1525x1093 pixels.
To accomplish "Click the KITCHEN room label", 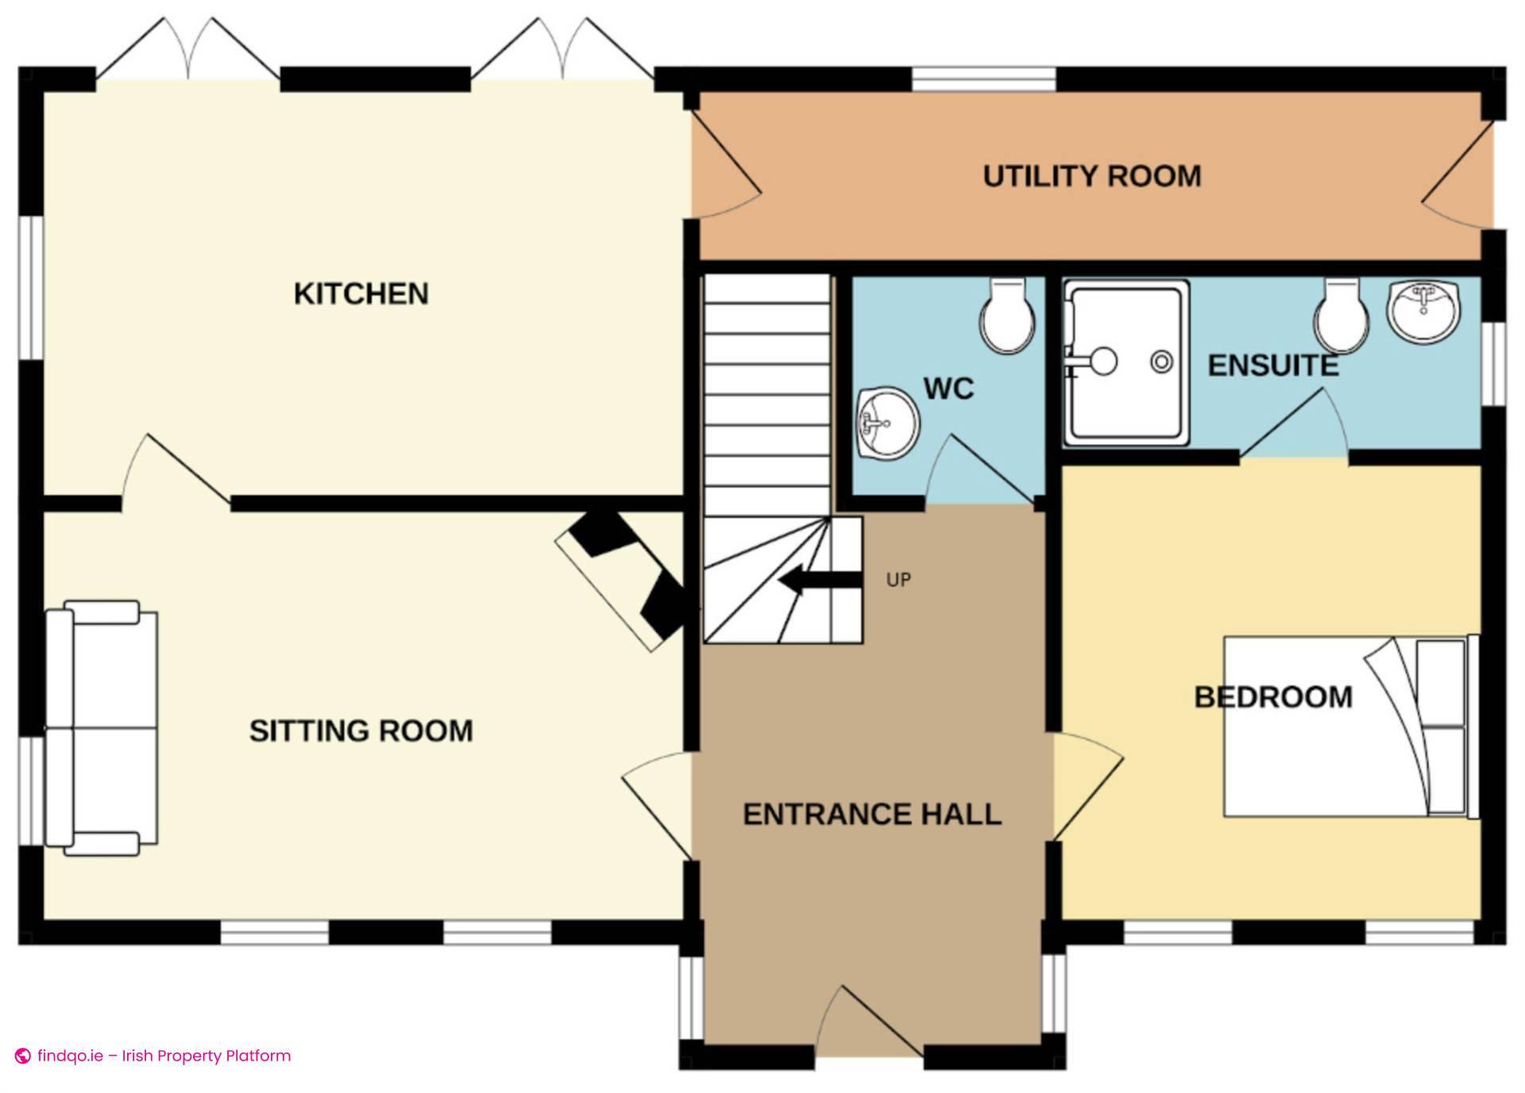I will (361, 294).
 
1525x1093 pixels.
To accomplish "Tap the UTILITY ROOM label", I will (1091, 176).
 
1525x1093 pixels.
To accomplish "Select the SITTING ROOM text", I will (361, 730).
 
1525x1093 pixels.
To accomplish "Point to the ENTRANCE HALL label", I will (871, 814).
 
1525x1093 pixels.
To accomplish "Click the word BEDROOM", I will (1272, 697).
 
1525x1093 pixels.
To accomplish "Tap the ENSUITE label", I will (1272, 366).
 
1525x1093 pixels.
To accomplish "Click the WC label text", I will (948, 389).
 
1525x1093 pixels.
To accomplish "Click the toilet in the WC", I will (1007, 318).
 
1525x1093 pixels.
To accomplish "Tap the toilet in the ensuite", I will (1341, 318).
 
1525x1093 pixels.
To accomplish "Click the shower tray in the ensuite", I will (1126, 363).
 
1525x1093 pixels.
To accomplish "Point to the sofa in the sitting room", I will (101, 728).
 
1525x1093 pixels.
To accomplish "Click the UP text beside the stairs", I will (898, 580).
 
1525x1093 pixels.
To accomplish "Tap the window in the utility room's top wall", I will (983, 79).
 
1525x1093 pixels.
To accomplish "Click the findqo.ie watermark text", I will (163, 1056).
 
